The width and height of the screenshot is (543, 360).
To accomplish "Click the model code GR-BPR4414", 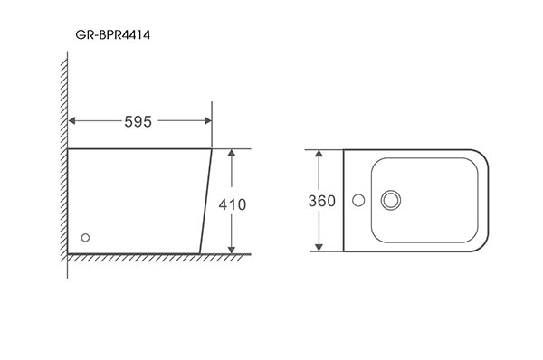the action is [x=113, y=35].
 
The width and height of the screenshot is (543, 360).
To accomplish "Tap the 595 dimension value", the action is [x=138, y=122].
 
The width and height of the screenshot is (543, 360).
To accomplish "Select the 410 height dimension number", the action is [x=233, y=204].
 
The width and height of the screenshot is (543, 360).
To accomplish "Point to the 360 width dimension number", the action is [x=321, y=201].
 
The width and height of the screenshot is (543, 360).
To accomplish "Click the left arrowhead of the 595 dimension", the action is [x=72, y=120].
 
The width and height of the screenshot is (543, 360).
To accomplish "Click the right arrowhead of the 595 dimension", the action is [x=208, y=120].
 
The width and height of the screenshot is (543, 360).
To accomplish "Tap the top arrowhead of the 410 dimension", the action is [x=232, y=153].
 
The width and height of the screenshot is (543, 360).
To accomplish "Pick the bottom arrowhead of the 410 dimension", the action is [x=232, y=250].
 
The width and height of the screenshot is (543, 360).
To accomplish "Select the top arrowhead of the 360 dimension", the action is [x=319, y=154].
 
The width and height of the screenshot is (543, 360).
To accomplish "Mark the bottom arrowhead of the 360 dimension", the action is [x=319, y=248].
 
